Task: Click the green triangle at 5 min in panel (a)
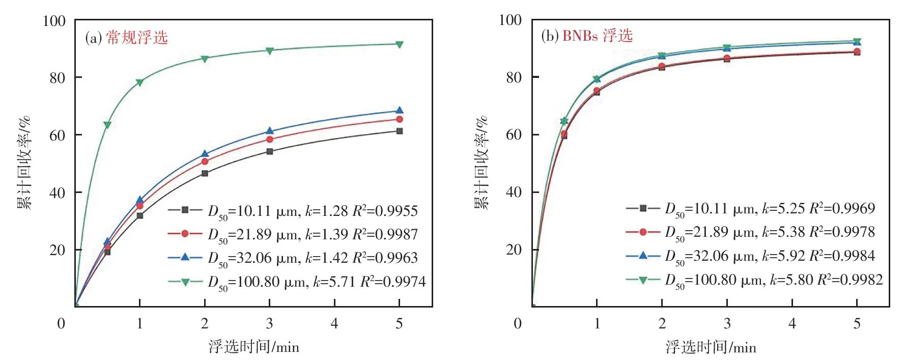[x=400, y=45]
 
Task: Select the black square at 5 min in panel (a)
[x=400, y=131]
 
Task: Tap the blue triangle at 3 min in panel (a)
[x=270, y=131]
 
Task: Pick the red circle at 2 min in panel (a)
[x=205, y=161]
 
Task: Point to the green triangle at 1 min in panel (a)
[x=139, y=82]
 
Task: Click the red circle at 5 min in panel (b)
[x=857, y=51]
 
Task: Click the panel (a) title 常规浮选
[x=137, y=38]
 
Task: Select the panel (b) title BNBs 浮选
[x=597, y=36]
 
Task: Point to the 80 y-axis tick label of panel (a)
[x=58, y=78]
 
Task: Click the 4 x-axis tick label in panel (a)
[x=334, y=324]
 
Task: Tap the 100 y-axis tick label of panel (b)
[x=511, y=20]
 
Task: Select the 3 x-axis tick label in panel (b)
[x=727, y=324]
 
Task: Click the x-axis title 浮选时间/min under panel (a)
[x=253, y=347]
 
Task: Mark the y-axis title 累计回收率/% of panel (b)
[x=482, y=163]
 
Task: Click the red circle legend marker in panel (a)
[x=185, y=234]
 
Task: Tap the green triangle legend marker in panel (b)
[x=643, y=280]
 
